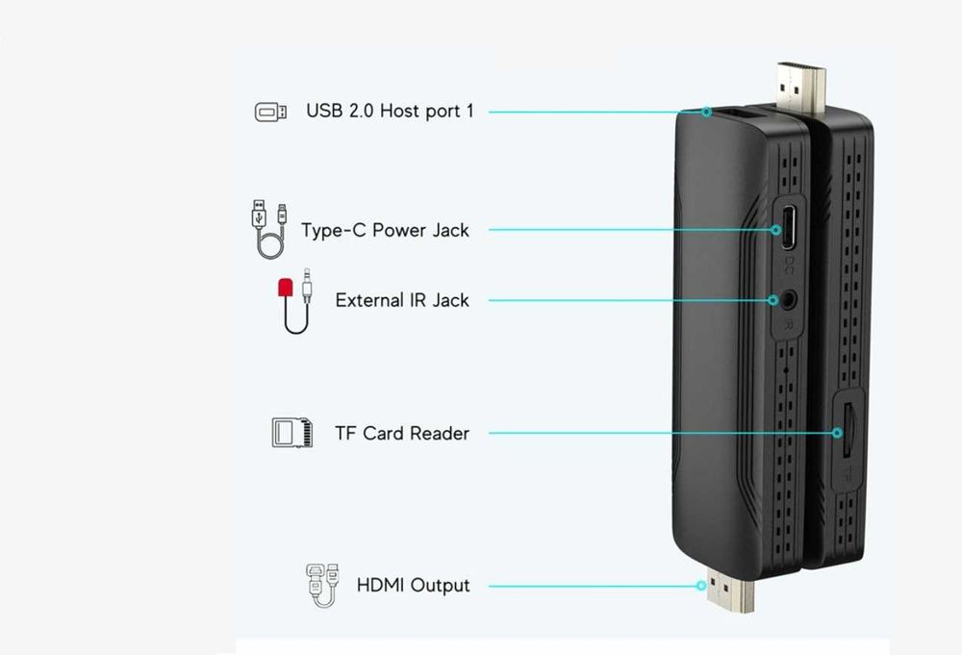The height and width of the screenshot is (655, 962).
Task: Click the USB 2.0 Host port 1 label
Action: coord(390,111)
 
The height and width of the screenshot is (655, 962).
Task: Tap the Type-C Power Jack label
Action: coord(385,230)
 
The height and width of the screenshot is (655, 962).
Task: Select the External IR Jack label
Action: coord(402,300)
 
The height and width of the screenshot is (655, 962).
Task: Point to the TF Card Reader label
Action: coord(402,433)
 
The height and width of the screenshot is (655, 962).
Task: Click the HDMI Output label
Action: coord(413,585)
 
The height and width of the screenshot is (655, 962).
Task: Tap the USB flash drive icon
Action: coord(269,112)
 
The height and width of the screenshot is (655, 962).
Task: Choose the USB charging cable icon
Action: coord(267,229)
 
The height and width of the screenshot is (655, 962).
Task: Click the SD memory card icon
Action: coord(291,432)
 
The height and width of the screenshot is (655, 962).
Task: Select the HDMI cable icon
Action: coord(321,586)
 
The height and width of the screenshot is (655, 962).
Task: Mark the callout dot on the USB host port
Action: coord(705,112)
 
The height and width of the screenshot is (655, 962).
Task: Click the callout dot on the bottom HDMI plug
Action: coord(704,585)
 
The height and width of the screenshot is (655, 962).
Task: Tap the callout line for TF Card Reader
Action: coord(664,433)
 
